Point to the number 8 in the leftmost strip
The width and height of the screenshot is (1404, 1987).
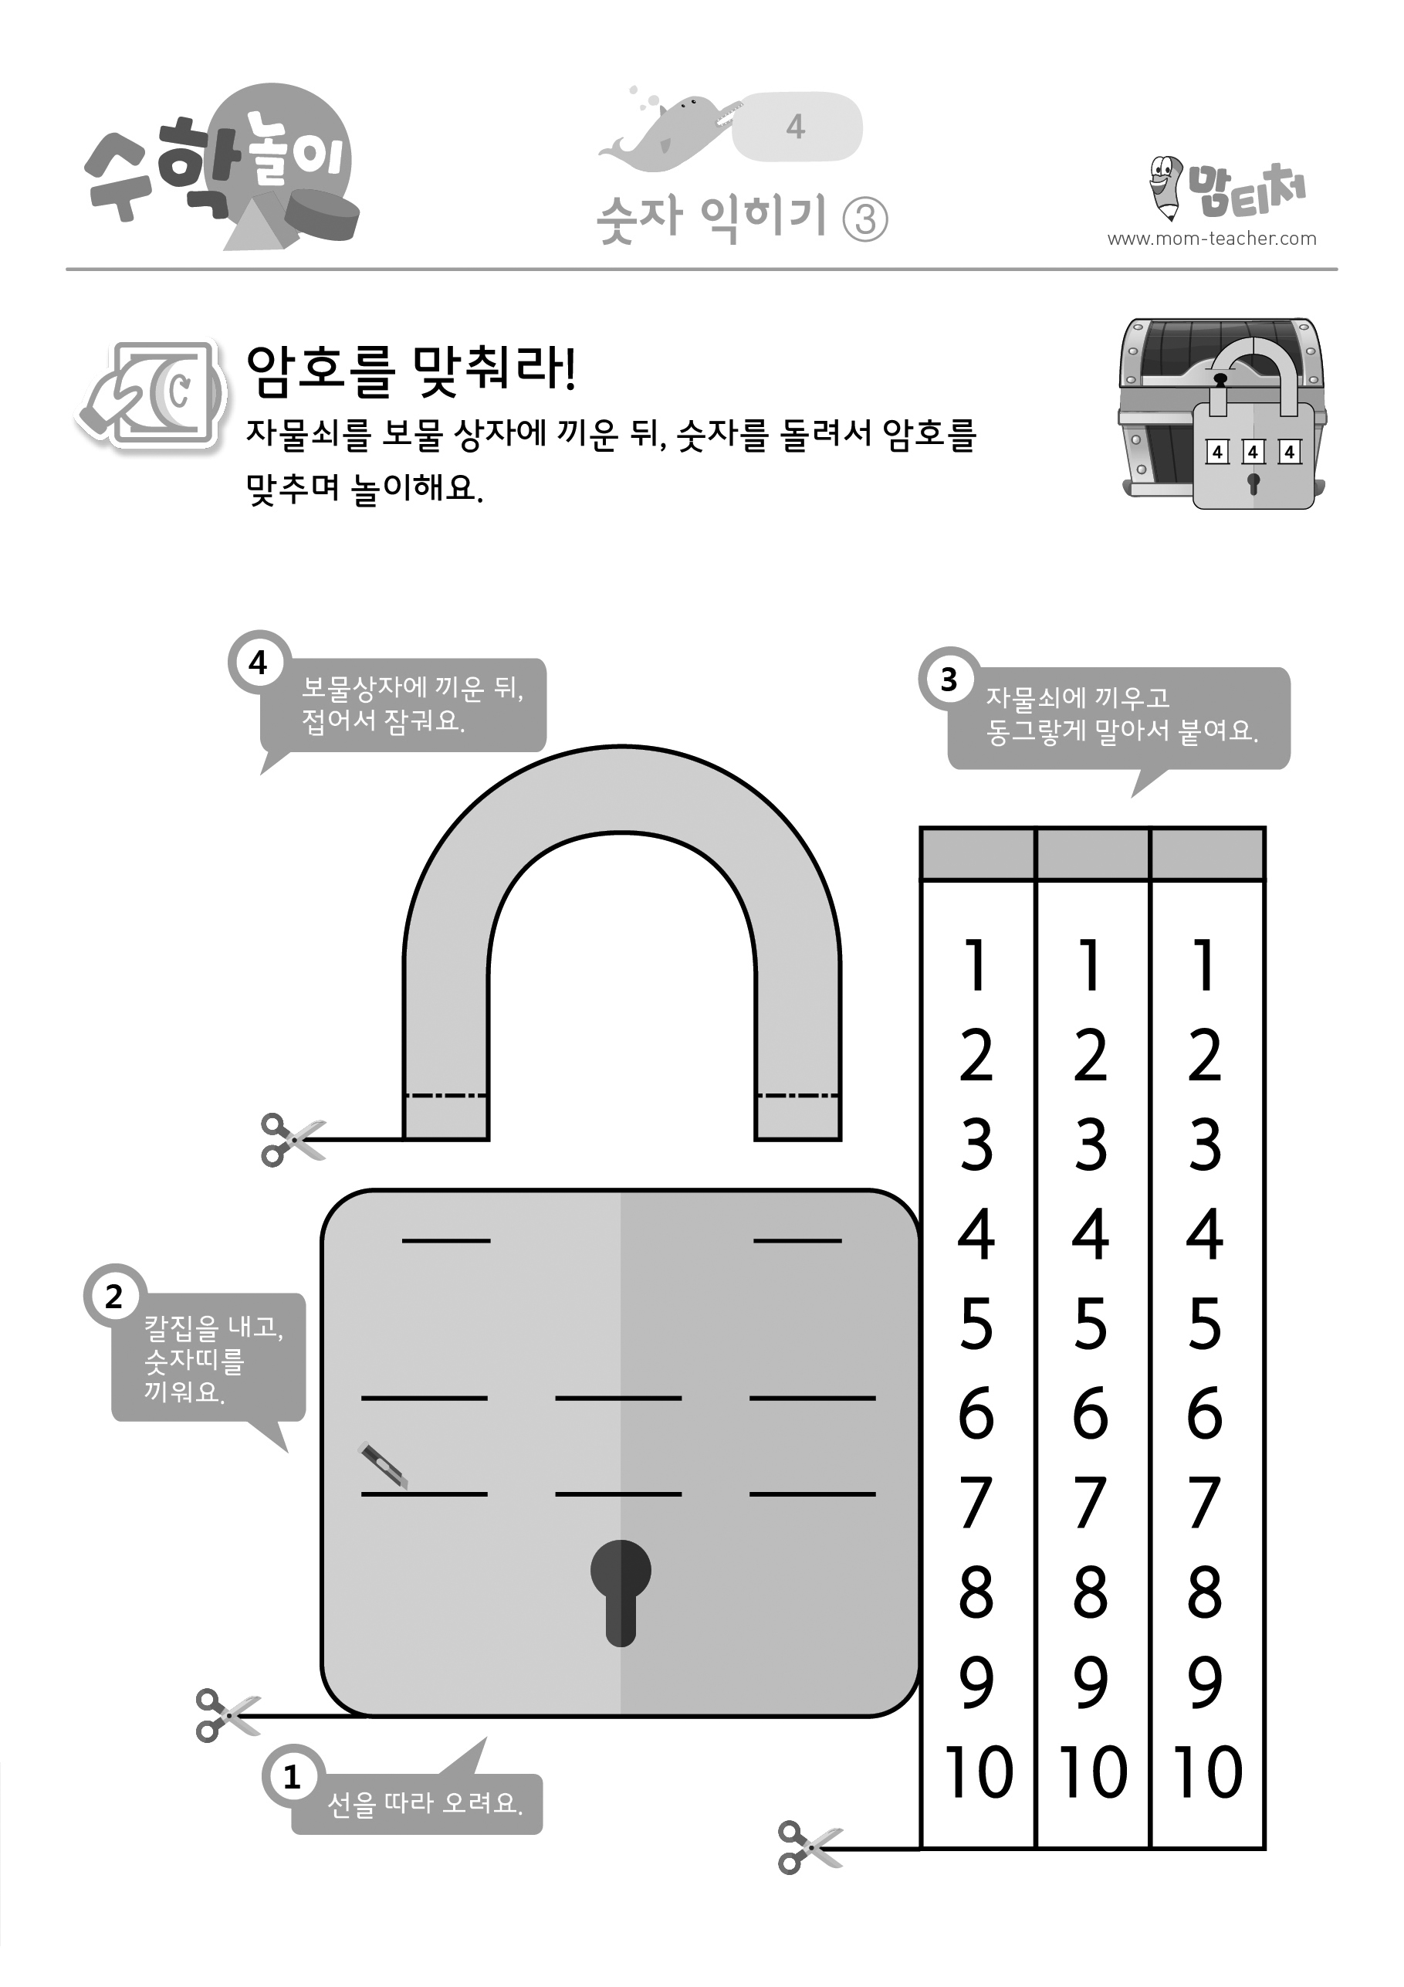coord(976,1592)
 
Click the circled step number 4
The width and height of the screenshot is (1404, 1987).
coord(259,663)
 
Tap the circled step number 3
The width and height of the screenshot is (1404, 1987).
coord(949,680)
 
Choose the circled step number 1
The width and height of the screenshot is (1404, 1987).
coord(293,1776)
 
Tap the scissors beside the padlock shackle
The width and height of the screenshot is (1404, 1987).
coord(293,1139)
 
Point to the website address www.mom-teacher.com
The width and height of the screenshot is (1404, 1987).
coord(1212,239)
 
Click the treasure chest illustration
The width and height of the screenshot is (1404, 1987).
coord(1223,413)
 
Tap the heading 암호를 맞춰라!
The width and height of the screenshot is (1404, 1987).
coord(411,371)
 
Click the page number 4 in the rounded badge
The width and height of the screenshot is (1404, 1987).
coord(796,127)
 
